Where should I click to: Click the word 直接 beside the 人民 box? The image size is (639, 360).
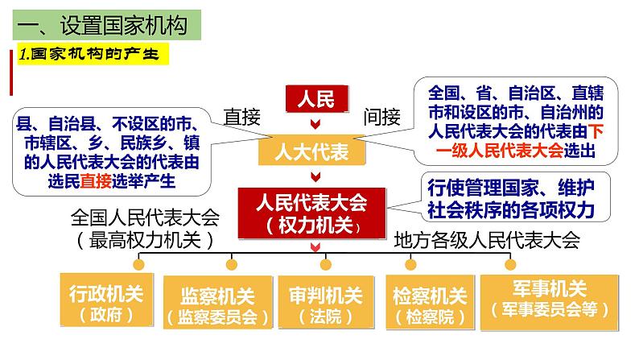click(x=244, y=118)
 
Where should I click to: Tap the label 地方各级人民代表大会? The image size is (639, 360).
click(x=486, y=238)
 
